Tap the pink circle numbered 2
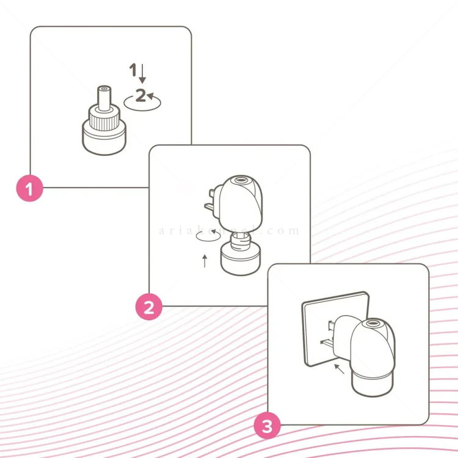[x=148, y=307]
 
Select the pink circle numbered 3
[x=267, y=426]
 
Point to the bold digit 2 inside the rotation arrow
[x=140, y=95]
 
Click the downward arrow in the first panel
[x=143, y=75]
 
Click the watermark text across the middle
[x=229, y=231]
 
